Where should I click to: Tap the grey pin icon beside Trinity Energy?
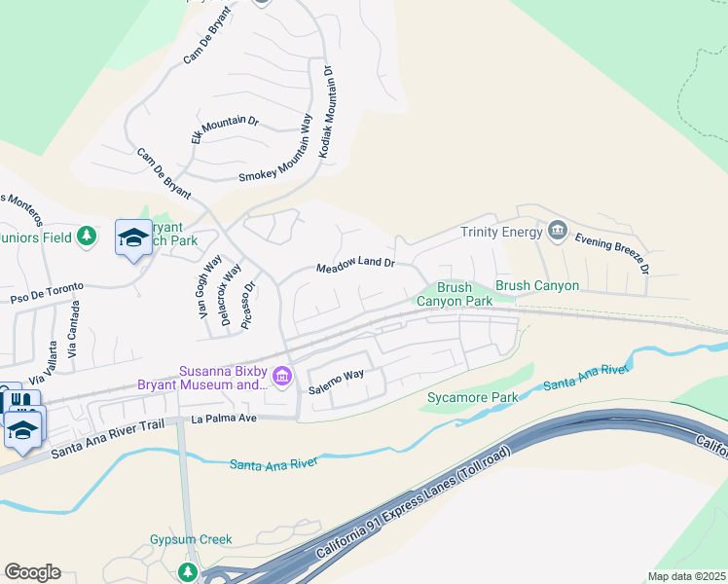[558, 230]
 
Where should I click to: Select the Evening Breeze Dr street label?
[612, 249]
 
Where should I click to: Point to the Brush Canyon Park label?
[455, 294]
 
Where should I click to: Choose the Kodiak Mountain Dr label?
[326, 113]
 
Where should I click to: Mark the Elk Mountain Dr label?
[224, 131]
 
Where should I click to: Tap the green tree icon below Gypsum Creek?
[188, 570]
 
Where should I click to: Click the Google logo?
[32, 571]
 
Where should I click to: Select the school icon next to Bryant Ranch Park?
[133, 237]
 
